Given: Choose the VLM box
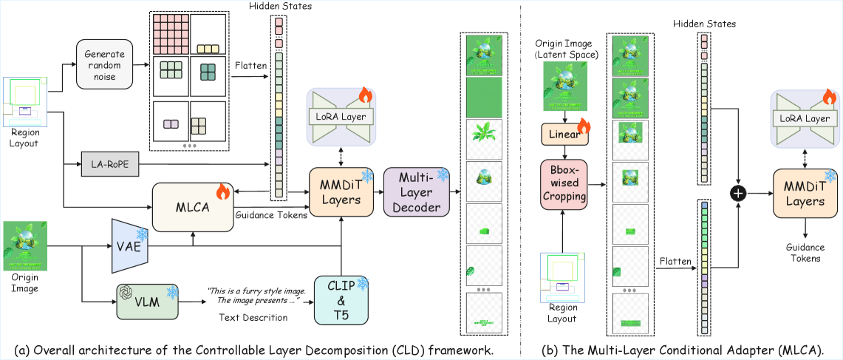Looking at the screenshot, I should point(147,301).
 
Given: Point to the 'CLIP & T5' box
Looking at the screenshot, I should point(341,299).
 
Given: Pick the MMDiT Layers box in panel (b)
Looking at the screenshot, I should point(804,192).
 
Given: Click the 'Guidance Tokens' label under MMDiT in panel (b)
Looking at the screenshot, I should point(804,254).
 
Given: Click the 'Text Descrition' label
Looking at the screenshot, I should point(253,317).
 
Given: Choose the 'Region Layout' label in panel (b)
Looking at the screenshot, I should point(565,313).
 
